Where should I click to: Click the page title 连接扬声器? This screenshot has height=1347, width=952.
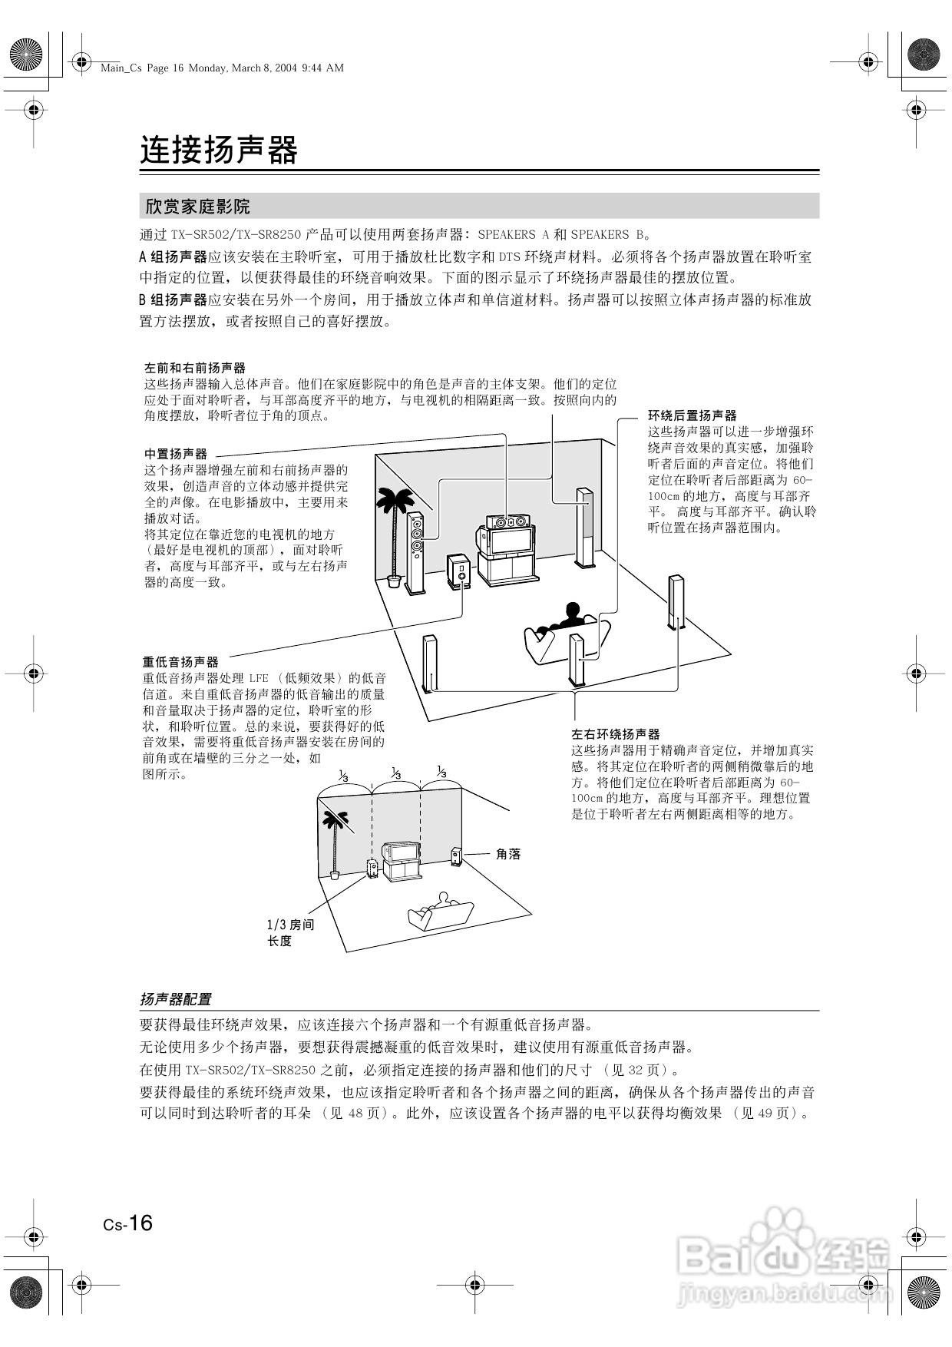(218, 151)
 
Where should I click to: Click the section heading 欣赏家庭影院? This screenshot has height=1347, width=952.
(198, 207)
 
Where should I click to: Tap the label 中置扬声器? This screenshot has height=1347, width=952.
(176, 454)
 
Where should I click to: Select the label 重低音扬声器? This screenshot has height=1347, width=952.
(180, 661)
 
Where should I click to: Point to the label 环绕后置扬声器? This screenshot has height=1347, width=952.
(692, 415)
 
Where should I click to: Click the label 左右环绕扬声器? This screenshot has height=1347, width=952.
(615, 734)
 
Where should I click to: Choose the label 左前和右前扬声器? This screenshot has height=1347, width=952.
(195, 368)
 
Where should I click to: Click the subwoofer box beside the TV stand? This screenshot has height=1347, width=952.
(459, 571)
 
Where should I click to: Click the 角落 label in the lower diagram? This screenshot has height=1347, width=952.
(507, 853)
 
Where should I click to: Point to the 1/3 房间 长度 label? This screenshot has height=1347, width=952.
(289, 932)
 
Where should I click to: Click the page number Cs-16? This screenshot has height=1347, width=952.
(128, 1223)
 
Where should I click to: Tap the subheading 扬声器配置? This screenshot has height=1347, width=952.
(175, 999)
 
